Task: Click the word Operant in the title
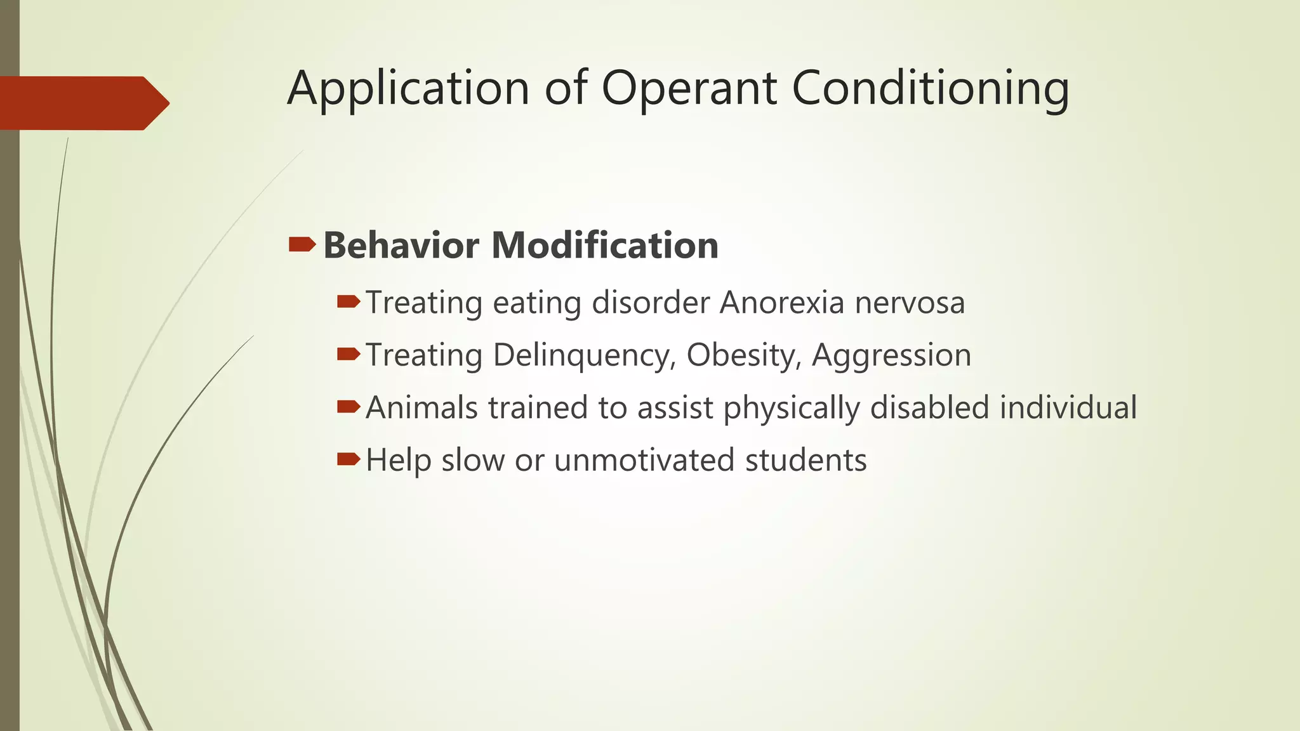689,89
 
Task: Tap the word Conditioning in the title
930,89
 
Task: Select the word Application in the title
408,89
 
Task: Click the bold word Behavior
401,246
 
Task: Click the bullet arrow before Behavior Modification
302,244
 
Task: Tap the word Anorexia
781,303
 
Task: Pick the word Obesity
740,355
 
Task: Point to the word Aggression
891,355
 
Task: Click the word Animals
421,407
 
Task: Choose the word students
806,460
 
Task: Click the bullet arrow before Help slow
348,459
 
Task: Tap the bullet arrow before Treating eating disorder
348,301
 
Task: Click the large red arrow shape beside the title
83,103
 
